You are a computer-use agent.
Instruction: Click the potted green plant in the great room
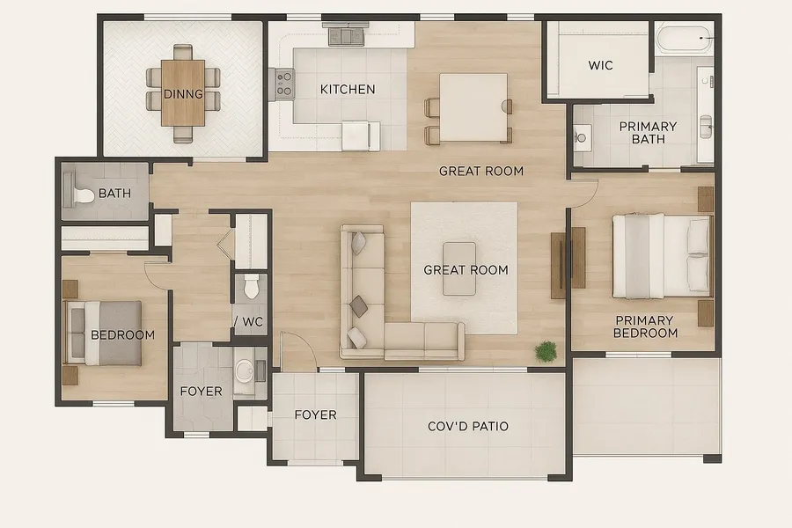click(546, 352)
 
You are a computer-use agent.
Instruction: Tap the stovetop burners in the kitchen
click(285, 84)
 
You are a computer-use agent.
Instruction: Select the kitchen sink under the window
click(347, 36)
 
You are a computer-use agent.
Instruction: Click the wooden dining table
click(183, 93)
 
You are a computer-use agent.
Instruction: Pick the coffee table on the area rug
click(459, 268)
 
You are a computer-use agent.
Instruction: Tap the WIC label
click(600, 65)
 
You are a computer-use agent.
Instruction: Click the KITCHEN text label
click(348, 90)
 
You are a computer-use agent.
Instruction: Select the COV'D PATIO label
click(468, 427)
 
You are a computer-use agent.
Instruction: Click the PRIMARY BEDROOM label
click(645, 326)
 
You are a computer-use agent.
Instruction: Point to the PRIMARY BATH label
click(648, 132)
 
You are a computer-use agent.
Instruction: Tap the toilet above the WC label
click(251, 287)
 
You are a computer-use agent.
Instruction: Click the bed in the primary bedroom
click(662, 256)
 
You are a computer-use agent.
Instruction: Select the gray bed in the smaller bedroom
click(104, 333)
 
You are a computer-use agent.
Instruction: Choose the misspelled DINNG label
click(183, 94)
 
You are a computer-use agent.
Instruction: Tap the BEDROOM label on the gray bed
click(122, 335)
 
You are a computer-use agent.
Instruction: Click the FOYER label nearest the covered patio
click(315, 414)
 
